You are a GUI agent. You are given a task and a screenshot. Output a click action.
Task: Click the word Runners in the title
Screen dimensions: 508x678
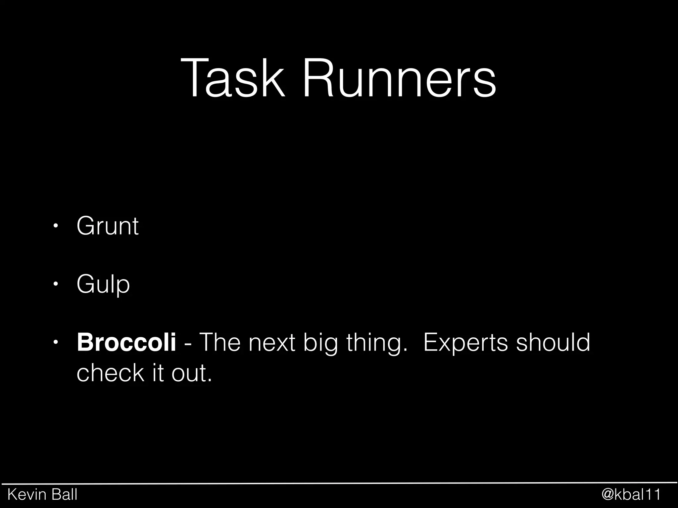point(399,79)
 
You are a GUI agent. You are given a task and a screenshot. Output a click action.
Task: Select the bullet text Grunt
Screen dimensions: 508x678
point(107,226)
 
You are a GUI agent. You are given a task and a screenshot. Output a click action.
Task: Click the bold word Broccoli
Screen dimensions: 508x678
point(126,343)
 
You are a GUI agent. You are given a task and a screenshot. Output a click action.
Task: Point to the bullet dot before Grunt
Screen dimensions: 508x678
point(56,226)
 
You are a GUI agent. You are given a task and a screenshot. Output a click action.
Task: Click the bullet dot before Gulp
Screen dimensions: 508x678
point(56,284)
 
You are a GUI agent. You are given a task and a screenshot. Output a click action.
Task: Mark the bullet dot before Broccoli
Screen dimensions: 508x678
point(56,342)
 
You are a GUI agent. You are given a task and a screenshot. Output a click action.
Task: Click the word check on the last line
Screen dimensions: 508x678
point(111,373)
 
